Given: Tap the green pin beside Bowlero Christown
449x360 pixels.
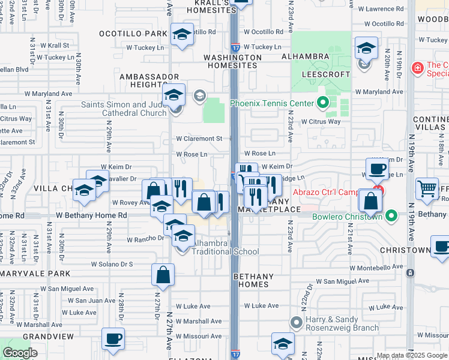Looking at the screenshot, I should click(391, 215).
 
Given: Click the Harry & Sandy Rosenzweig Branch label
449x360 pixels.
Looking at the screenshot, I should click(342, 323).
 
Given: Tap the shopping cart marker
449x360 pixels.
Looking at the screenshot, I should click(427, 188).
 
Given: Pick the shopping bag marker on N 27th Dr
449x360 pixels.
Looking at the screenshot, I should click(163, 275).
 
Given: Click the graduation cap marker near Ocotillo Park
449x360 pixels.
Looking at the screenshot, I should click(181, 35).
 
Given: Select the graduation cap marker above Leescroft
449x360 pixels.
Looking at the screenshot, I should click(366, 48).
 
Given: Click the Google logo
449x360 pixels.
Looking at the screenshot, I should click(20, 353).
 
